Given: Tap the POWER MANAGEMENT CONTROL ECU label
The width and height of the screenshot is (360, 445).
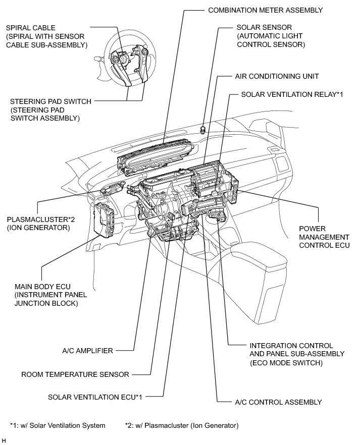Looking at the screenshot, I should (x=324, y=237).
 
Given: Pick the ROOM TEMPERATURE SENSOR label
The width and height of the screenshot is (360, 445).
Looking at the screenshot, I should (x=75, y=374).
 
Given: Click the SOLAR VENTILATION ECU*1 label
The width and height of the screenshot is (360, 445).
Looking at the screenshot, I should (x=95, y=397).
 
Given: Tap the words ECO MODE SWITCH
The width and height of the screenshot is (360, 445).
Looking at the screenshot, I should (x=286, y=363).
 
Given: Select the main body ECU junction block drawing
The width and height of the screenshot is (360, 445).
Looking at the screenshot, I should (x=105, y=220).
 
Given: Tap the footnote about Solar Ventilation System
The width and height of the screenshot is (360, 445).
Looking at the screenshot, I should (x=58, y=425).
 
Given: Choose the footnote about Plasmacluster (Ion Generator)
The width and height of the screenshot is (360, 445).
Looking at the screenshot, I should (x=181, y=425).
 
